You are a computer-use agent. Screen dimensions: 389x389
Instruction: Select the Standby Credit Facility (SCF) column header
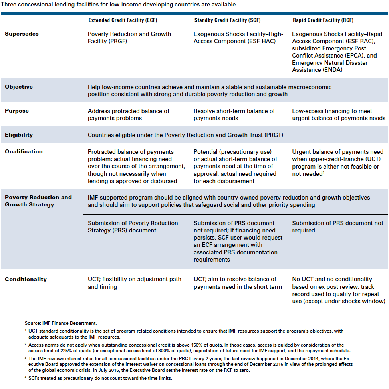coord(226,20)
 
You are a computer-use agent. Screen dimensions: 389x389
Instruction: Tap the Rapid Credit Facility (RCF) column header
coord(323,20)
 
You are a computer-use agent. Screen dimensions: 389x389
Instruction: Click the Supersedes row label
coord(22,34)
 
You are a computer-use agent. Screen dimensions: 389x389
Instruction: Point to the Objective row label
coord(19,87)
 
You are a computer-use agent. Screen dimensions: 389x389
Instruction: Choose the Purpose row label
coord(17,111)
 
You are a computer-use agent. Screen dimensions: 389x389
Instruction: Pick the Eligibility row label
coord(19,135)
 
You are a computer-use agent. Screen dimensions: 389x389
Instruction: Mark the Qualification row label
coord(24,152)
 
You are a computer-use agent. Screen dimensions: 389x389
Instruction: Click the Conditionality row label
coord(26,280)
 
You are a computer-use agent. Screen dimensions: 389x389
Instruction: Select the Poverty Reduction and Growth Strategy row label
coord(38,201)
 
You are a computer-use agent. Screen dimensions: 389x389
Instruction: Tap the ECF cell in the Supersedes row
coord(129,37)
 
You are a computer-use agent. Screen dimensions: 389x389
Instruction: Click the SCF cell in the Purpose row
coord(234,115)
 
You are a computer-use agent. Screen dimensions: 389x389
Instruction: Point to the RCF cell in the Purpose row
coord(338,115)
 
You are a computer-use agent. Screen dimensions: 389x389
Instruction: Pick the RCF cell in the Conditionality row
coord(338,290)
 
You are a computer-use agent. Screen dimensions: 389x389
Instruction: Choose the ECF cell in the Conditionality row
coord(134,283)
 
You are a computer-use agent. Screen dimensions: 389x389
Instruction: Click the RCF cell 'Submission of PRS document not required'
coord(337,227)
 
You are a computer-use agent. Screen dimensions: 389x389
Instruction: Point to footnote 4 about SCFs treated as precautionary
coord(100,378)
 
